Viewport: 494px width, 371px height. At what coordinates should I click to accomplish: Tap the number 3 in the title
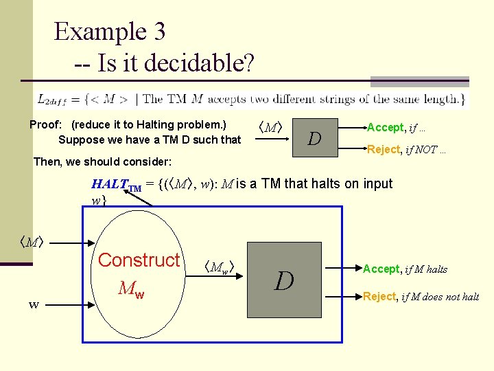(x=156, y=32)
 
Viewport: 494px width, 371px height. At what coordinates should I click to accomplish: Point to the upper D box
(x=315, y=138)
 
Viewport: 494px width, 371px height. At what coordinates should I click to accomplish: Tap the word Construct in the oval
(x=139, y=260)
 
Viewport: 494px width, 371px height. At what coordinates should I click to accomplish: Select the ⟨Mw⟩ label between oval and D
(x=221, y=267)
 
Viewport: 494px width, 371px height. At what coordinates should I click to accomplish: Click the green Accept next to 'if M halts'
(x=380, y=269)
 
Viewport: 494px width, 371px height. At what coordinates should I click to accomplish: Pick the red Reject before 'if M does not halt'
(x=379, y=296)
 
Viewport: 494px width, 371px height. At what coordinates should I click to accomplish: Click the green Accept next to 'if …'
(x=386, y=127)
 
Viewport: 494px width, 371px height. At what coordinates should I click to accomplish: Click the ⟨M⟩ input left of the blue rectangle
(x=32, y=242)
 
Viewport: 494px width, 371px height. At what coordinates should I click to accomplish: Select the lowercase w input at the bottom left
(x=33, y=304)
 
